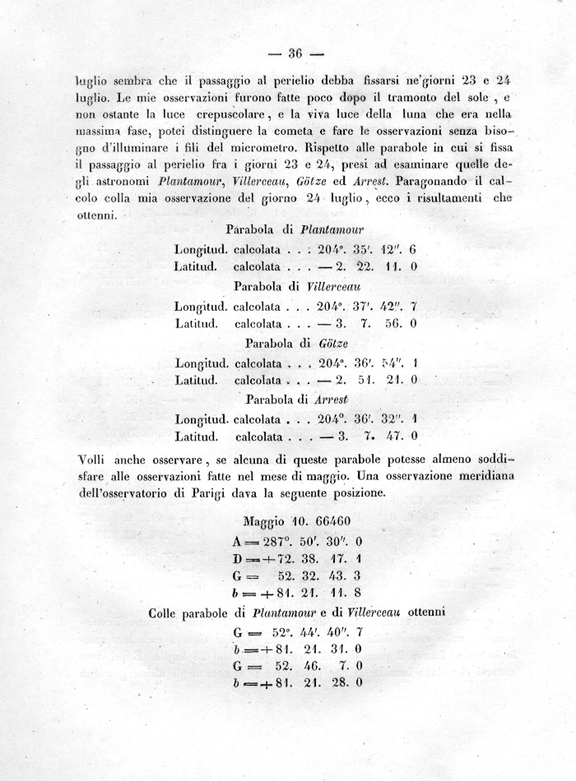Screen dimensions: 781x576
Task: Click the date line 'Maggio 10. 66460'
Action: [x=298, y=521]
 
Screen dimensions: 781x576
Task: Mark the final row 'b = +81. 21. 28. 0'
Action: [x=300, y=683]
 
